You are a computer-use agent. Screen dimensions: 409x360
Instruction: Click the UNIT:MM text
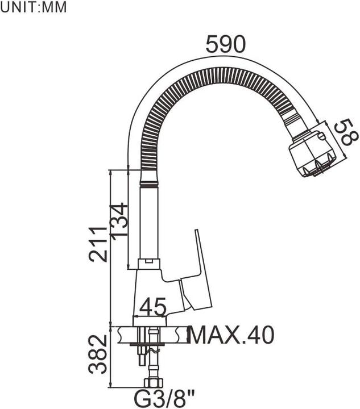coord(34,8)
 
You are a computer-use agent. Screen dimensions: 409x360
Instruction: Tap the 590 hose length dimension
coord(225,44)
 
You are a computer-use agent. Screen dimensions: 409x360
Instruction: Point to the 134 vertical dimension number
coord(118,221)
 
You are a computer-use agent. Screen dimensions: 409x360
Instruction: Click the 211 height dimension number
coord(98,243)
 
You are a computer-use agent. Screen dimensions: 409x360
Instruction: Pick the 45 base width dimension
coord(153,307)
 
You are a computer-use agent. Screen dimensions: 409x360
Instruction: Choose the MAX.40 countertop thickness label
coord(231,335)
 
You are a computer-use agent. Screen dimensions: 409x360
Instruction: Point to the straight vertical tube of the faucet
coord(148,222)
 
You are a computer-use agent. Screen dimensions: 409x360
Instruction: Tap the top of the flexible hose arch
coord(222,73)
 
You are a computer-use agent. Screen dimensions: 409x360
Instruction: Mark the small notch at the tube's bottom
coord(148,262)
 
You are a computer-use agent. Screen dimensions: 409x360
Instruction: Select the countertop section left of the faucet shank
coord(125,335)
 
